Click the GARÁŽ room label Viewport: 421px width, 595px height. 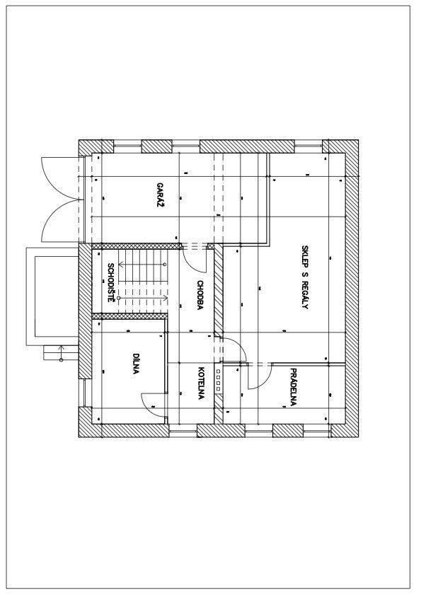pyautogui.click(x=161, y=195)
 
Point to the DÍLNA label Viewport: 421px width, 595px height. pyautogui.click(x=136, y=364)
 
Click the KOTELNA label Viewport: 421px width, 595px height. pyautogui.click(x=201, y=383)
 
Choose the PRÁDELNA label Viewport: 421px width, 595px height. pyautogui.click(x=293, y=387)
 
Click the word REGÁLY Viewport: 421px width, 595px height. pyautogui.click(x=304, y=295)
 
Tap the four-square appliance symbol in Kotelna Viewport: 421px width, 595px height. pyautogui.click(x=218, y=380)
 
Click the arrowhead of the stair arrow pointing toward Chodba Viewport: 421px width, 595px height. pyautogui.click(x=166, y=298)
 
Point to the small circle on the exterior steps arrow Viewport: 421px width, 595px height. pyautogui.click(x=61, y=359)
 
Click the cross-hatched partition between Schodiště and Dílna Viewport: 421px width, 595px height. pyautogui.click(x=129, y=316)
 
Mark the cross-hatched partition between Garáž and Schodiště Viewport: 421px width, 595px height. pyautogui.click(x=137, y=246)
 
